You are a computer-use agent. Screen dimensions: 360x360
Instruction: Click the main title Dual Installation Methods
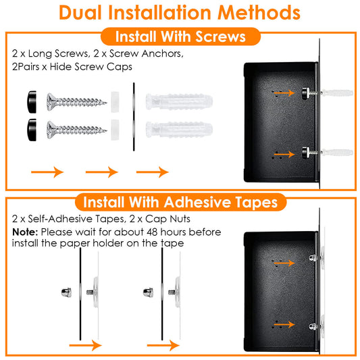[180, 12]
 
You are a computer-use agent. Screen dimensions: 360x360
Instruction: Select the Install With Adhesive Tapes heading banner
[180, 202]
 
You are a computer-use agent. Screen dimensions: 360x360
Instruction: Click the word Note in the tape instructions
[24, 232]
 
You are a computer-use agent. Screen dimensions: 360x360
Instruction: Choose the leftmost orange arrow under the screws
[48, 172]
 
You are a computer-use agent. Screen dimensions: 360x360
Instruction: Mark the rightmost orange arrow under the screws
[152, 172]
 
